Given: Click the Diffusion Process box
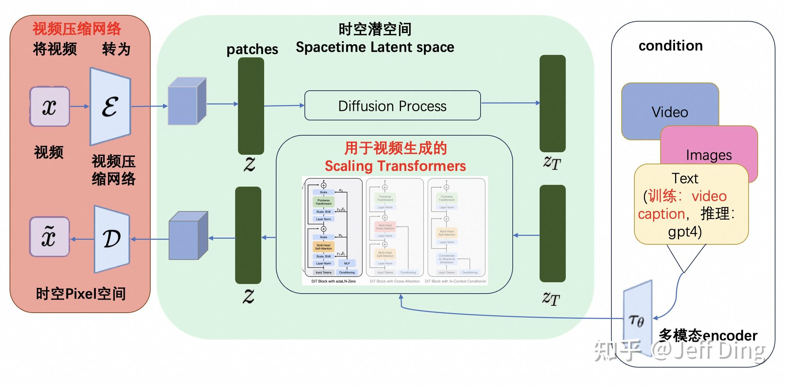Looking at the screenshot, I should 392,106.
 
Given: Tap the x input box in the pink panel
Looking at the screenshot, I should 50,106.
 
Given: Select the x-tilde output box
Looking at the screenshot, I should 50,237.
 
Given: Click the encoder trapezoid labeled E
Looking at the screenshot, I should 110,106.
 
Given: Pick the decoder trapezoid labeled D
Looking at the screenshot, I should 112,239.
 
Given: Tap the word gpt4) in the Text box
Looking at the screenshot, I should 685,232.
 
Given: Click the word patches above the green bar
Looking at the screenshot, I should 252,49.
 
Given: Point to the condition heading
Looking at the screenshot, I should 670,46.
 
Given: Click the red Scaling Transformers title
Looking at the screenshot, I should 395,166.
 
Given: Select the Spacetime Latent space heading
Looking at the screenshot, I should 375,47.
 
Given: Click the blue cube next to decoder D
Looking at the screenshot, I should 188,236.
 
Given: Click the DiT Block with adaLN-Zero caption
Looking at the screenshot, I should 333,281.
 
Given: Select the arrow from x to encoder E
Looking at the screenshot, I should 79,106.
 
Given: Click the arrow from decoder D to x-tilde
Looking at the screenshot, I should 82,239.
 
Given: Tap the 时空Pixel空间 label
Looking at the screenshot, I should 81,294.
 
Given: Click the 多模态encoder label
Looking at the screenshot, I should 708,335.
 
